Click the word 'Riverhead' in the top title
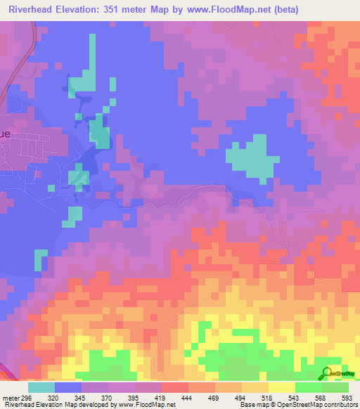pyautogui.click(x=32, y=10)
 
